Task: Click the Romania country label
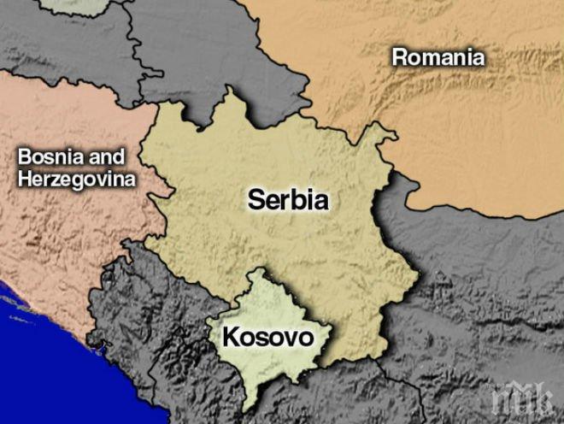[438, 57]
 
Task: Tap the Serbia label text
[289, 199]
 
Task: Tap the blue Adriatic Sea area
[26, 342]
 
